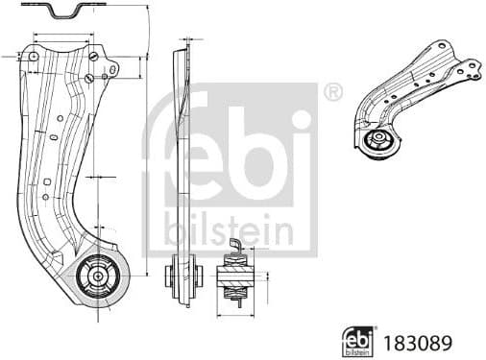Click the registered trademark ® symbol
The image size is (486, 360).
[332, 92]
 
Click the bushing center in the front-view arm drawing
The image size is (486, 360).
[99, 276]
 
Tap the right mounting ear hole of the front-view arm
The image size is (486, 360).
[112, 70]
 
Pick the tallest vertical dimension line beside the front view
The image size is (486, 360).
[147, 134]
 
